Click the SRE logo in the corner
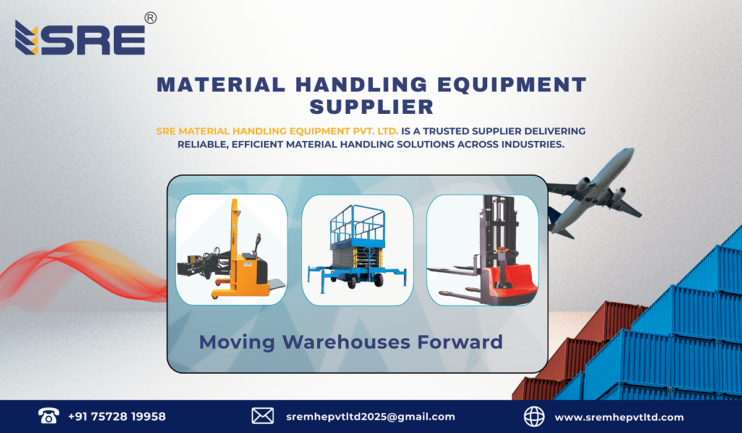80,38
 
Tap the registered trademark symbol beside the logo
150,19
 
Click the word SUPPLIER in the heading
371,106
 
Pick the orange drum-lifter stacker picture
231,249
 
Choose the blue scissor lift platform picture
357,249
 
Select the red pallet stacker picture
482,249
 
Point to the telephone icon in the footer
48,416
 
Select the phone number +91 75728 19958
117,416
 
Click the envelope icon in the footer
263,416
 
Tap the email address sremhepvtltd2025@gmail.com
370,416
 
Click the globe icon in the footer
534,416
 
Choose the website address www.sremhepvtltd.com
619,416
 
